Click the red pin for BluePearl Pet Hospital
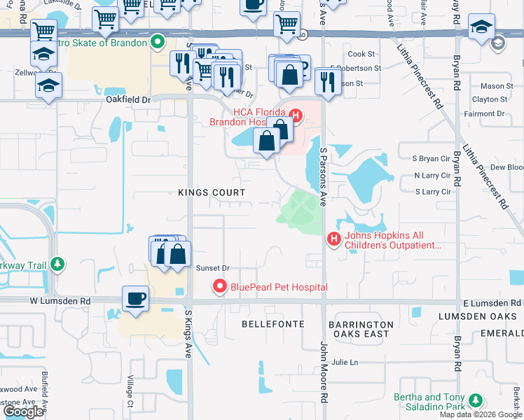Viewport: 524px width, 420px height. pyautogui.click(x=220, y=287)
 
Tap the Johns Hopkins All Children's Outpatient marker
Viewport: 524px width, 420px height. pyautogui.click(x=334, y=240)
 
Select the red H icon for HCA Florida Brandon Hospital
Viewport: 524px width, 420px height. pyautogui.click(x=296, y=115)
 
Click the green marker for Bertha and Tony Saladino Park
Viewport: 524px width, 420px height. pyautogui.click(x=476, y=401)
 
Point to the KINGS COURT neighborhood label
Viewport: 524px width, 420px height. pyautogui.click(x=212, y=192)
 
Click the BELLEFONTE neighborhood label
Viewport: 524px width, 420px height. pyautogui.click(x=273, y=324)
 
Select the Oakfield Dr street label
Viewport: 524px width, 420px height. pyautogui.click(x=128, y=100)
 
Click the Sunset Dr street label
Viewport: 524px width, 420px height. pyautogui.click(x=212, y=268)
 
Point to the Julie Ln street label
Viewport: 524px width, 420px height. pyautogui.click(x=345, y=362)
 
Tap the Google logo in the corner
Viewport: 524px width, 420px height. pyautogui.click(x=23, y=412)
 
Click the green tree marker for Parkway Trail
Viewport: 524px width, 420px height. pyautogui.click(x=58, y=264)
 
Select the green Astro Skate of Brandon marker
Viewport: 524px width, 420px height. pyautogui.click(x=158, y=43)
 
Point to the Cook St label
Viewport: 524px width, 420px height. pyautogui.click(x=361, y=54)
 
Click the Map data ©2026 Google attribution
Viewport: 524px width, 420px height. pyautogui.click(x=480, y=414)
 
